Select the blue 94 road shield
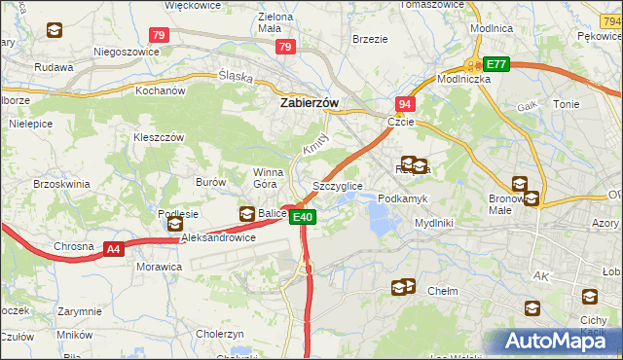pos(404,103)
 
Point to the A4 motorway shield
pos(114,249)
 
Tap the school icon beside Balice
pos(247,214)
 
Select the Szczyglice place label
pos(338,185)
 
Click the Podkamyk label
pos(402,198)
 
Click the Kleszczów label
pos(159,137)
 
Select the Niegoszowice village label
pos(126,50)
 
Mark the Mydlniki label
pos(434,222)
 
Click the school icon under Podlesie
pos(175,225)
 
